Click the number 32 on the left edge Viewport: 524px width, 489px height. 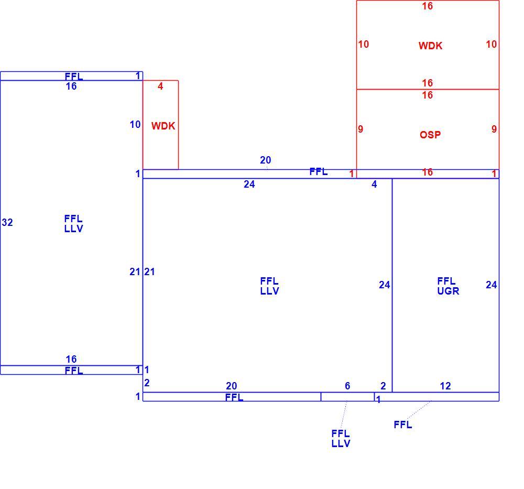pos(7,222)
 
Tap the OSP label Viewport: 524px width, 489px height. pos(430,135)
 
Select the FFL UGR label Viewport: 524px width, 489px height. pos(448,286)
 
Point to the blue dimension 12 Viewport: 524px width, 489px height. pos(445,386)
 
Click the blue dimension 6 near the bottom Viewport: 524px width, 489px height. pos(347,386)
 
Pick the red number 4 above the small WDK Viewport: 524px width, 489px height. pos(160,86)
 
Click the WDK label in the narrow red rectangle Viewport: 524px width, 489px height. pos(163,126)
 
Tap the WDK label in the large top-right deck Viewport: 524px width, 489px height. pos(430,46)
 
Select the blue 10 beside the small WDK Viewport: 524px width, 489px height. pos(135,124)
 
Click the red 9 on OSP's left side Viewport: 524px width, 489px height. pos(361,129)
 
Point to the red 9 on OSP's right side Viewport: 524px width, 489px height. pos(494,129)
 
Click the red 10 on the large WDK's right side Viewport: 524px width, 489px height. pos(492,44)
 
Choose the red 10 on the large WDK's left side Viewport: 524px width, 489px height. pos(364,44)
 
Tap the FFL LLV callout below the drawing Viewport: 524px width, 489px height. pos(341,439)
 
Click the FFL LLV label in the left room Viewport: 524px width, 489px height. pos(73,224)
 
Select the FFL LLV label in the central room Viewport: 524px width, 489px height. pos(269,286)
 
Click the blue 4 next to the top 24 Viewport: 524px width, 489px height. pos(374,184)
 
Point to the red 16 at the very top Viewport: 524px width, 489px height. pos(428,6)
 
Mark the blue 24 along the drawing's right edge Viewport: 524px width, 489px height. pos(492,285)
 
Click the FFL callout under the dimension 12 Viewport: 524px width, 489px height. pos(402,425)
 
